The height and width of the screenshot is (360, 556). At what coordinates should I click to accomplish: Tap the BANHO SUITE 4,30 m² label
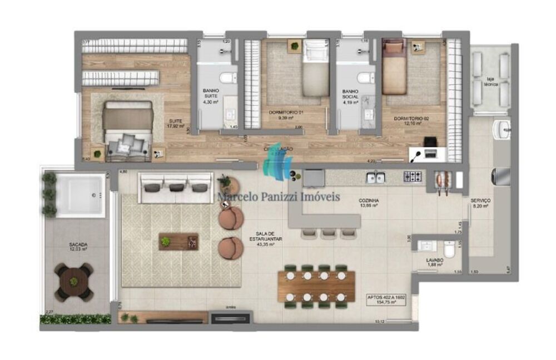211,96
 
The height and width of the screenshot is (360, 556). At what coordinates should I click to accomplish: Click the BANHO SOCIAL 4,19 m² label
350,96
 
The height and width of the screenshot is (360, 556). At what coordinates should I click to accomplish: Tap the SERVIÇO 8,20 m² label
479,203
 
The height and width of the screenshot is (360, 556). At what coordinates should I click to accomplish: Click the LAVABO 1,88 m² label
435,262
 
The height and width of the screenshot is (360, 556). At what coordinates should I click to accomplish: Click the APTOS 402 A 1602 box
386,301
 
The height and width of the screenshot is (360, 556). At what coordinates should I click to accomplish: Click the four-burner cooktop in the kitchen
412,177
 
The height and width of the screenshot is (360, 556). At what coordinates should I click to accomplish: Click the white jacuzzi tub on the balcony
82,195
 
